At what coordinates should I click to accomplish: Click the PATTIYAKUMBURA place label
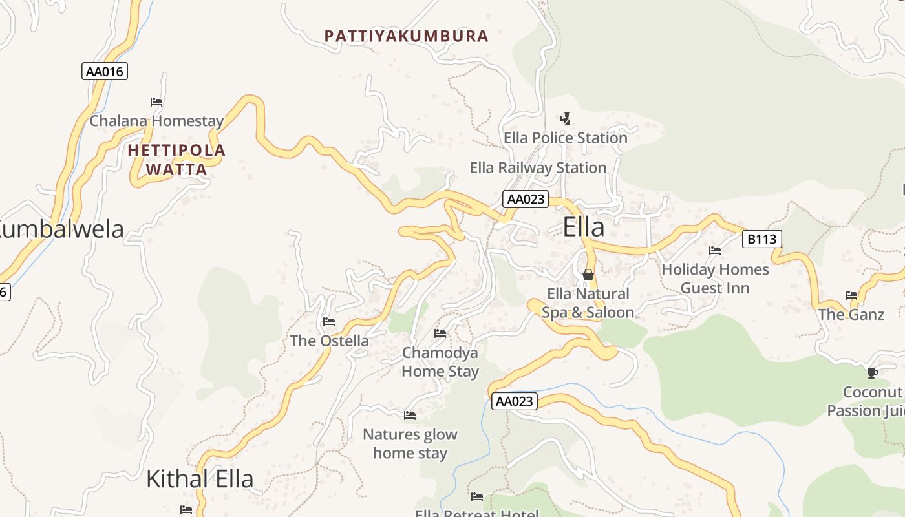(x=406, y=36)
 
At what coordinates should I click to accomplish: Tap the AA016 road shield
(x=105, y=71)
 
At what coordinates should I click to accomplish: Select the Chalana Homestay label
(x=156, y=121)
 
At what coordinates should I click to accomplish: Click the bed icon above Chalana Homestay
(x=156, y=101)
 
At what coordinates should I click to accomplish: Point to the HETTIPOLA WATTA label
(x=176, y=160)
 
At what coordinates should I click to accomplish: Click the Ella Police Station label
(x=566, y=138)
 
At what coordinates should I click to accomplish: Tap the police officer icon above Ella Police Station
(x=566, y=118)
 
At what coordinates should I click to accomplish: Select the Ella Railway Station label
(x=538, y=168)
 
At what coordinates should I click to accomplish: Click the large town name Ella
(x=584, y=227)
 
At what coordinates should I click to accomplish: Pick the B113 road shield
(x=761, y=239)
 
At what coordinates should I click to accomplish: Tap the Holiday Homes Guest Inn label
(x=715, y=279)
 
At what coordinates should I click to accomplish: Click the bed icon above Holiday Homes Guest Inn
(x=715, y=250)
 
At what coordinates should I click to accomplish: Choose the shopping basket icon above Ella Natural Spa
(x=588, y=275)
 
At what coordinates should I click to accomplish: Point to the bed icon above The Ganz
(x=851, y=295)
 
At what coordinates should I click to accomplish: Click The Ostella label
(x=329, y=341)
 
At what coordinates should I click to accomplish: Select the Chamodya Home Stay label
(x=440, y=362)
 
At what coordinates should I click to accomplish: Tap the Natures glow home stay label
(x=410, y=443)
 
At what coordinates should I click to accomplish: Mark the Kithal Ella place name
(x=200, y=479)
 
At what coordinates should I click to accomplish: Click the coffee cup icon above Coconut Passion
(x=873, y=372)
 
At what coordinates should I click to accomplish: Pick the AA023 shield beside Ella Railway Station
(x=525, y=199)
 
